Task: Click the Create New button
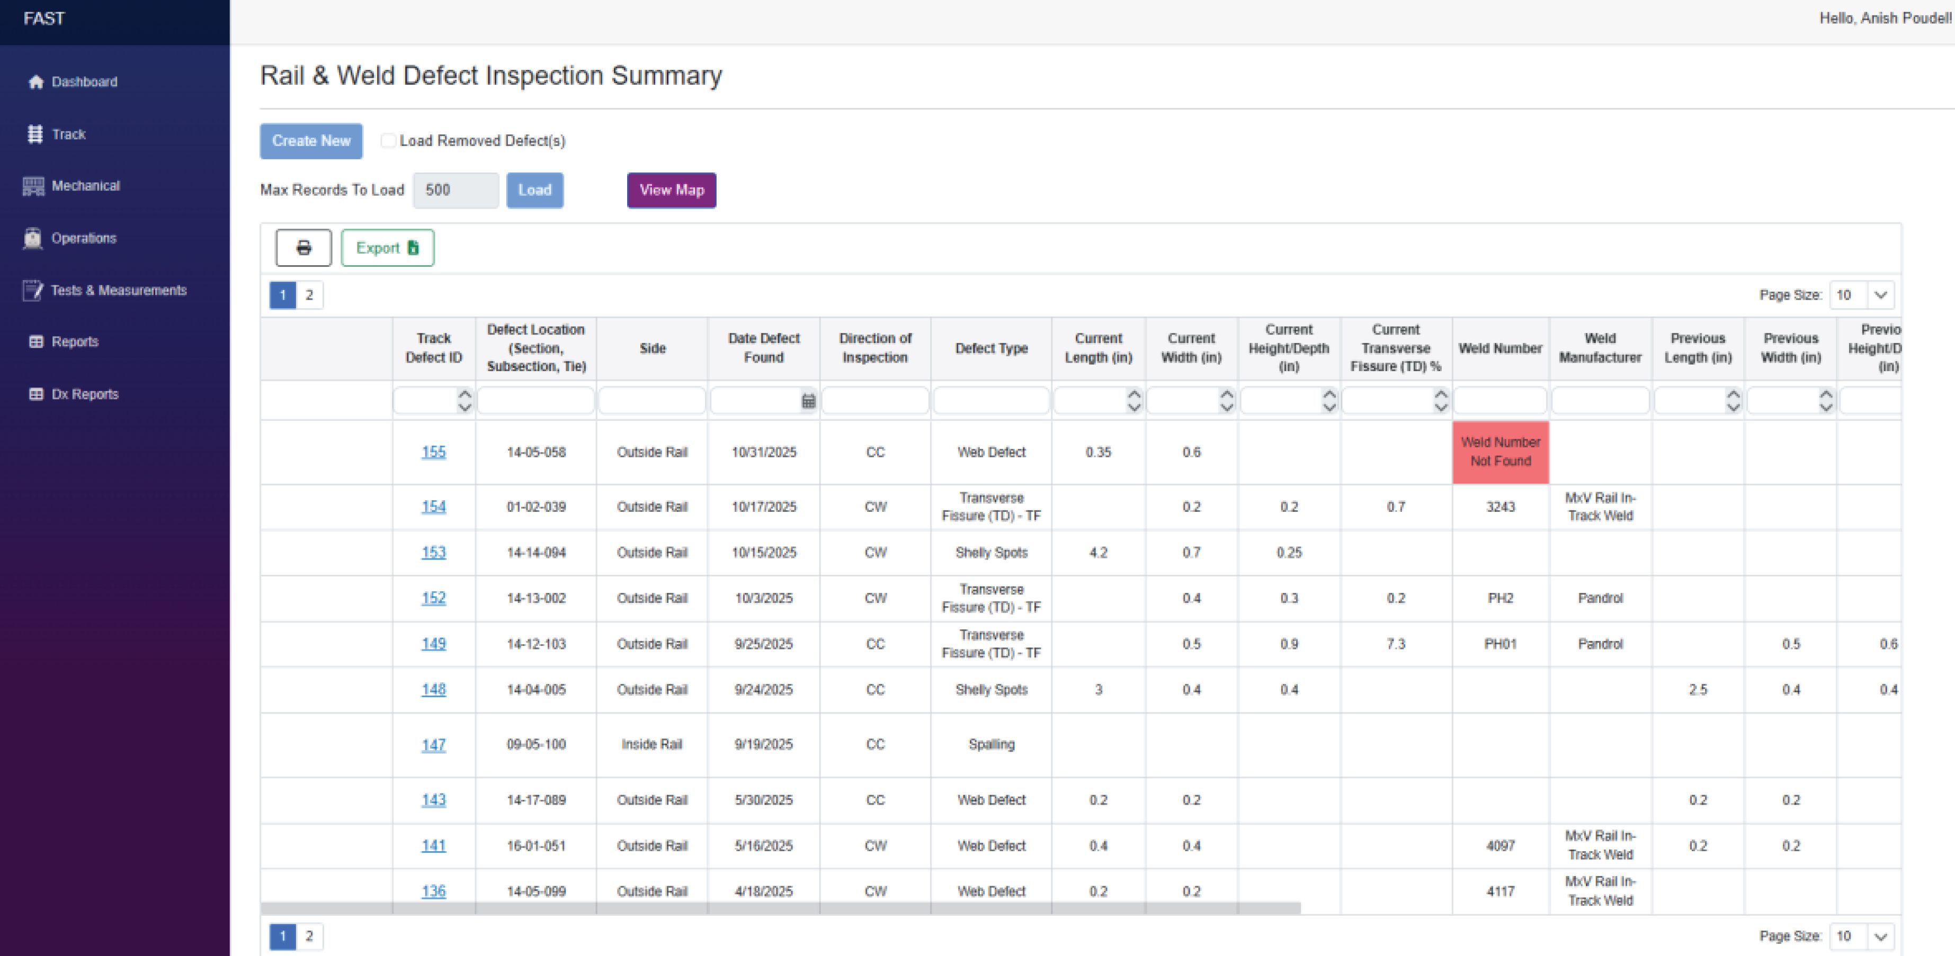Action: pos(311,141)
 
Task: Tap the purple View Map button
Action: pos(672,191)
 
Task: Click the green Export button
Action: pos(388,248)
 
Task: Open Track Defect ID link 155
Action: pos(433,452)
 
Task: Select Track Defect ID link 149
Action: pos(433,644)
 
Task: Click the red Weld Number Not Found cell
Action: pos(1501,452)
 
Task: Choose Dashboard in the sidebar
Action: pos(84,82)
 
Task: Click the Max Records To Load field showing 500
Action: pos(456,191)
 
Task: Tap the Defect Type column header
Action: pos(991,348)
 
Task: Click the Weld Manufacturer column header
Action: pos(1600,348)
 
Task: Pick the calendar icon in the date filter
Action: pos(808,401)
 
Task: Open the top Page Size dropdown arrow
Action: pos(1881,296)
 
